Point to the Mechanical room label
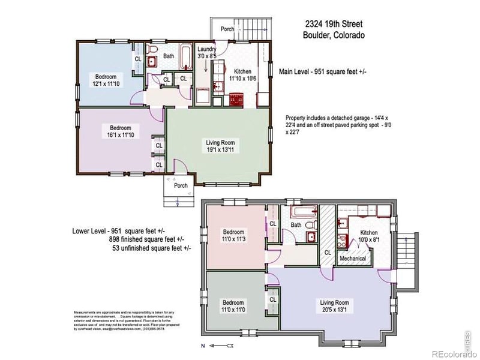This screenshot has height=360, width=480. (x=353, y=259)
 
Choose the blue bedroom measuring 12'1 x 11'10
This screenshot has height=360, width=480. (x=104, y=80)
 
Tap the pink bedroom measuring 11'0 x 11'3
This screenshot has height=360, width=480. (x=234, y=236)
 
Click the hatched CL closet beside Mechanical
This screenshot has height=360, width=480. (x=328, y=240)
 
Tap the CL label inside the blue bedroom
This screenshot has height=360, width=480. (x=137, y=59)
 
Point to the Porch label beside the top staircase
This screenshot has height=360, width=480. (x=227, y=28)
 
